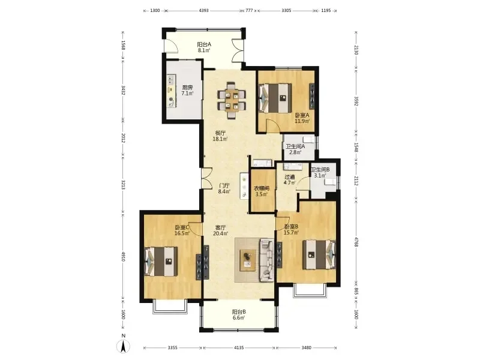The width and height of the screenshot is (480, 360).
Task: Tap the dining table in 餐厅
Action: [x=232, y=100]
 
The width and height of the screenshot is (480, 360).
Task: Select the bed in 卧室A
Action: [x=275, y=98]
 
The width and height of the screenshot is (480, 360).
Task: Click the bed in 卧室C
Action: [x=161, y=262]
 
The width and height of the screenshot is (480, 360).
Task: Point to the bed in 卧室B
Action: [x=319, y=254]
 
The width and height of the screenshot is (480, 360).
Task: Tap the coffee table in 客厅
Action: [x=248, y=260]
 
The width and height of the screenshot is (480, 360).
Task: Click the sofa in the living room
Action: [x=267, y=260]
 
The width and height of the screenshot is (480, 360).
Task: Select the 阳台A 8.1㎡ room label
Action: [x=204, y=47]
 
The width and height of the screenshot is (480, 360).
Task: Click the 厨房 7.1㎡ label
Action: [x=187, y=91]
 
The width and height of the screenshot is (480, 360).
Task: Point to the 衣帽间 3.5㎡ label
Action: [x=262, y=191]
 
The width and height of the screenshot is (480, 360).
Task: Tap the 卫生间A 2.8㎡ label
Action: [x=295, y=149]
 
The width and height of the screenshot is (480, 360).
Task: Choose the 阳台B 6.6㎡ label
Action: [x=239, y=315]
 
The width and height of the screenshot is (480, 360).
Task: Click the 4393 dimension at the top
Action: [x=203, y=10]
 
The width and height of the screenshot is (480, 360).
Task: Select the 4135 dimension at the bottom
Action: [x=239, y=348]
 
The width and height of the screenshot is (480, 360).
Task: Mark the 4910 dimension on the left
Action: [x=123, y=257]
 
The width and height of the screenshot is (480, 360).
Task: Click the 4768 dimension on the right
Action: [x=356, y=242]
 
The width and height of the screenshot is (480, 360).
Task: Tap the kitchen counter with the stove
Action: [x=172, y=91]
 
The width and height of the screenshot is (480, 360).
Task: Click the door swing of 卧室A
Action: [x=272, y=125]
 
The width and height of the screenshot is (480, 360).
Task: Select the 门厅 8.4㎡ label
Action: [x=224, y=188]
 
